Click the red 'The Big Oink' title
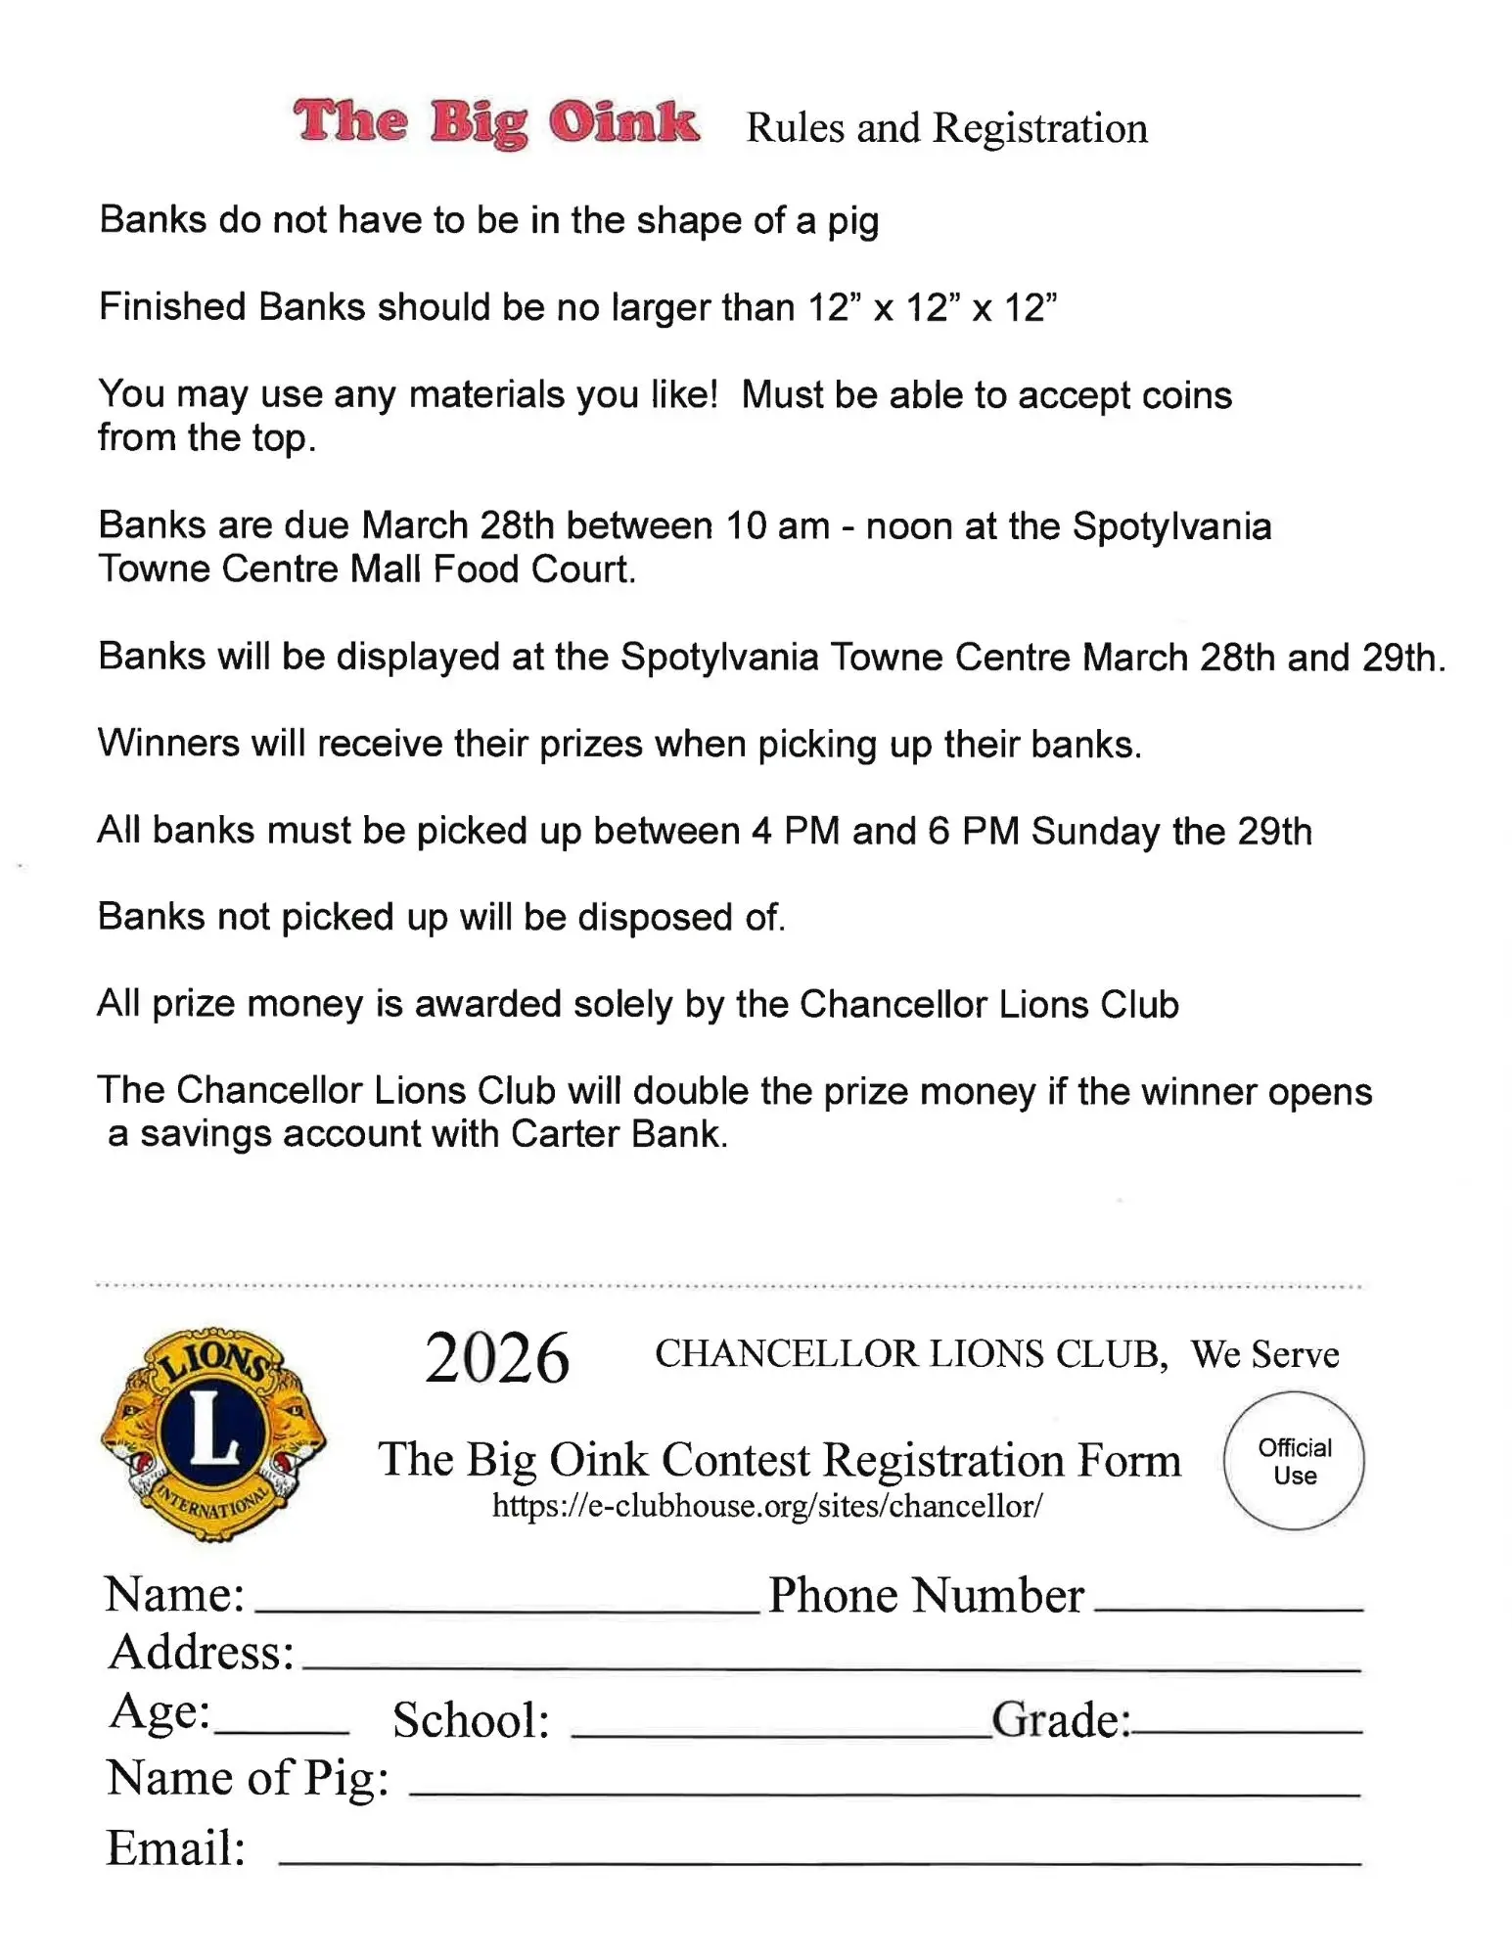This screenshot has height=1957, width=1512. point(496,123)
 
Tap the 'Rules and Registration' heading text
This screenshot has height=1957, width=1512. point(946,128)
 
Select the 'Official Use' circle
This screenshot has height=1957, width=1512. point(1294,1461)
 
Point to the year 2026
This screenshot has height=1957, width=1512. point(497,1358)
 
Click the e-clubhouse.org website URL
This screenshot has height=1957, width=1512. point(766,1506)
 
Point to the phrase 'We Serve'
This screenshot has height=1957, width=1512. point(1264,1355)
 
